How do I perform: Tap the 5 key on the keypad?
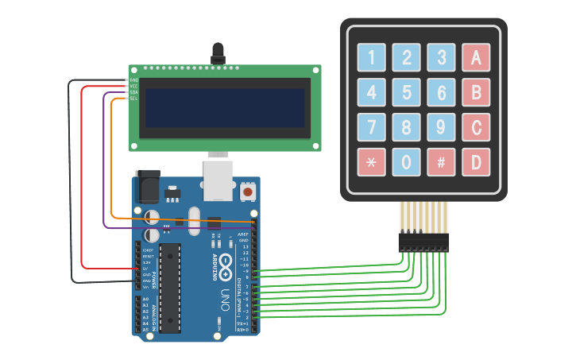[x=406, y=92]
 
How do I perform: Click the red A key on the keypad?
[x=476, y=57]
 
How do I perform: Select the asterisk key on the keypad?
[x=371, y=162]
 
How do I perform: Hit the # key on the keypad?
[x=441, y=162]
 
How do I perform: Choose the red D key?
[x=476, y=162]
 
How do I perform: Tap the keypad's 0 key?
[x=406, y=162]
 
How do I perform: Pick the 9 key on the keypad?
[x=441, y=127]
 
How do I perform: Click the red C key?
[x=476, y=127]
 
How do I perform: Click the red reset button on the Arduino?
[x=248, y=192]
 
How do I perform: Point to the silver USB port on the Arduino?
[x=218, y=181]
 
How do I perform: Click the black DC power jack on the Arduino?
[x=148, y=188]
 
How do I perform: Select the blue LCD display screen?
[x=224, y=108]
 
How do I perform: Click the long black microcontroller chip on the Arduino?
[x=169, y=288]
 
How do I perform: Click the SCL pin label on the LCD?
[x=133, y=99]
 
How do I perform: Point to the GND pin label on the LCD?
[x=133, y=80]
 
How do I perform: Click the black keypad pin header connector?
[x=423, y=242]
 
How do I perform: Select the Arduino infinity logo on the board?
[x=225, y=265]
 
